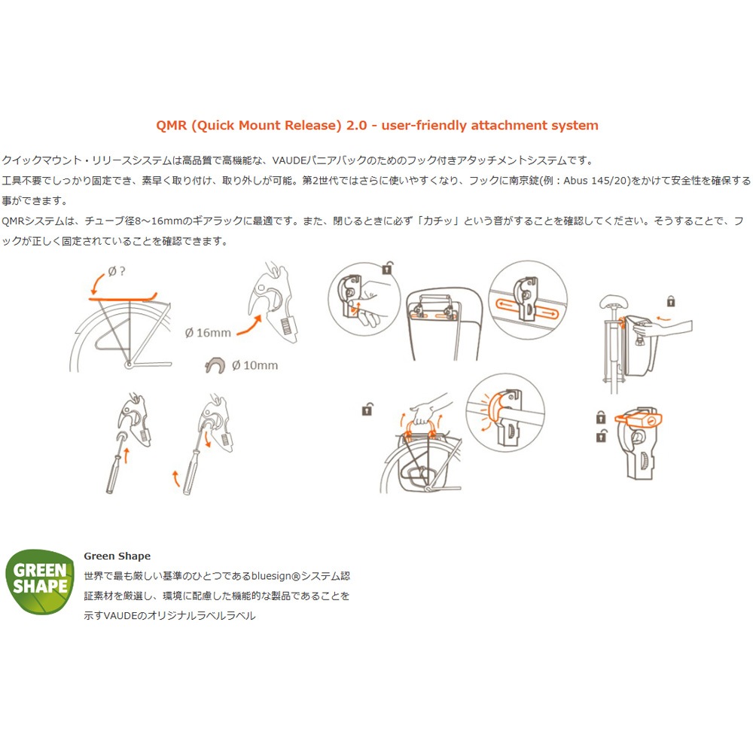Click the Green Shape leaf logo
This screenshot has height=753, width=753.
click(40, 581)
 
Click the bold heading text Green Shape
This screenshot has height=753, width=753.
click(117, 556)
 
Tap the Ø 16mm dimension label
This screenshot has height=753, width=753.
click(208, 333)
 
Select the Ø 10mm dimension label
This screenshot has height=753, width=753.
click(255, 365)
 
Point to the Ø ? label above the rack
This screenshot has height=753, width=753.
click(116, 272)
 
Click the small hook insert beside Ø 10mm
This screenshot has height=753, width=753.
click(215, 365)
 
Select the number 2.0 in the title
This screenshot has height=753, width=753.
click(356, 126)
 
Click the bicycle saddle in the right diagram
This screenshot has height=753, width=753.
click(613, 302)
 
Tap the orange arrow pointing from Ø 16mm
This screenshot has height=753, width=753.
click(250, 325)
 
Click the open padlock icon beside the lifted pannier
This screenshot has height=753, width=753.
click(367, 409)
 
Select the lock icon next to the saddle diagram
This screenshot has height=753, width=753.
click(671, 301)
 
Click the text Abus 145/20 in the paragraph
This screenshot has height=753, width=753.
click(596, 181)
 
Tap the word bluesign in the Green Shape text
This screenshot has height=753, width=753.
click(271, 576)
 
